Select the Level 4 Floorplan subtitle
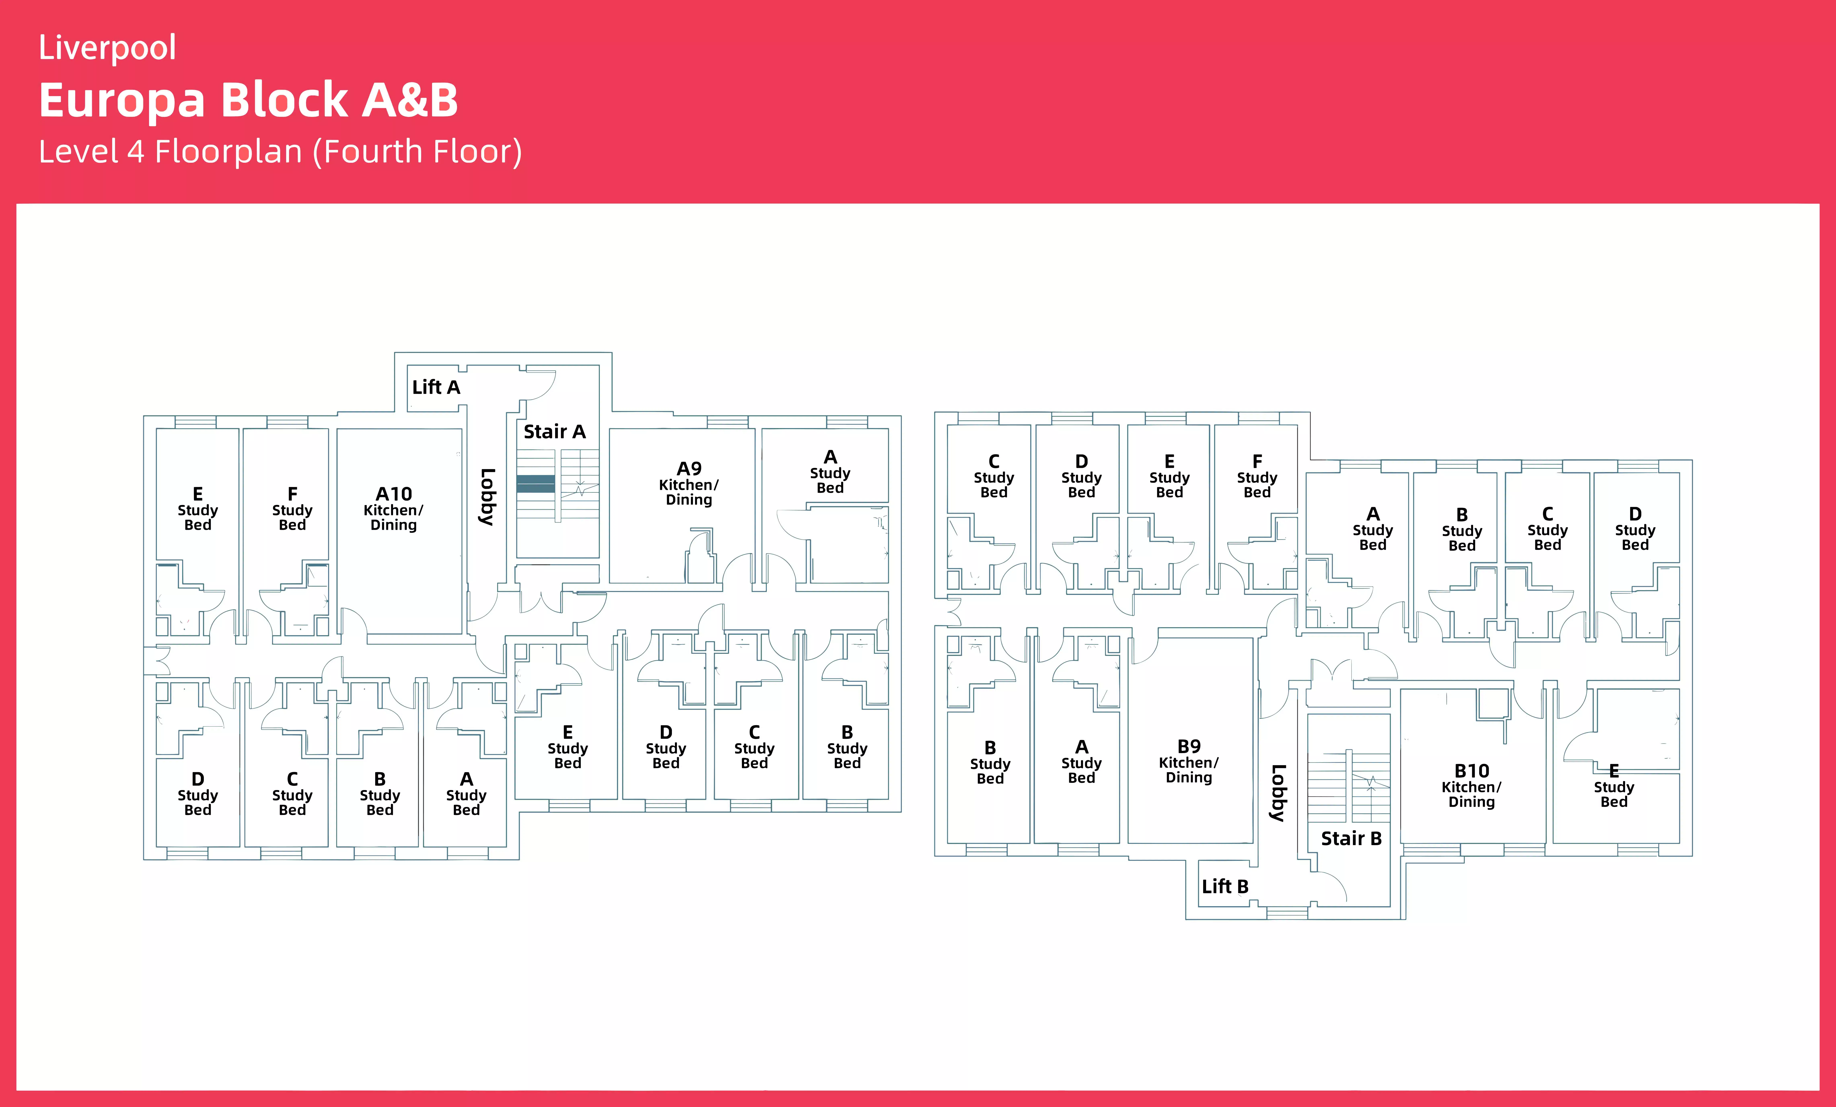click(x=280, y=152)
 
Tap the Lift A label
click(x=436, y=387)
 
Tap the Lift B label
click(x=1224, y=887)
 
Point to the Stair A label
click(x=554, y=432)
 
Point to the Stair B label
click(x=1351, y=839)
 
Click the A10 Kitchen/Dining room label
click(x=393, y=509)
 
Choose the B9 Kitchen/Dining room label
click(x=1188, y=761)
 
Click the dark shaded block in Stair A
click(x=535, y=484)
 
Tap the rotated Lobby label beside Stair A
click(x=487, y=497)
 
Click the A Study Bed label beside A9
click(x=830, y=472)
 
